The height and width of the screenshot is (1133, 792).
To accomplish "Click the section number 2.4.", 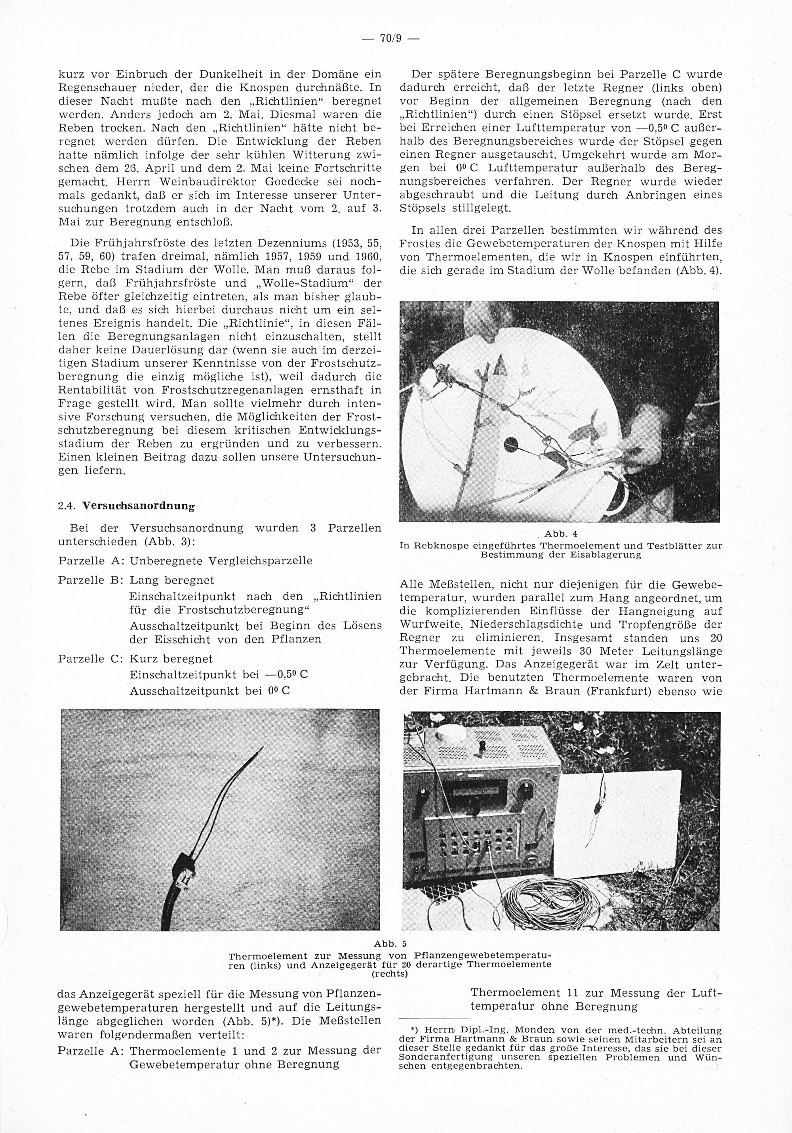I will pyautogui.click(x=67, y=506).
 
